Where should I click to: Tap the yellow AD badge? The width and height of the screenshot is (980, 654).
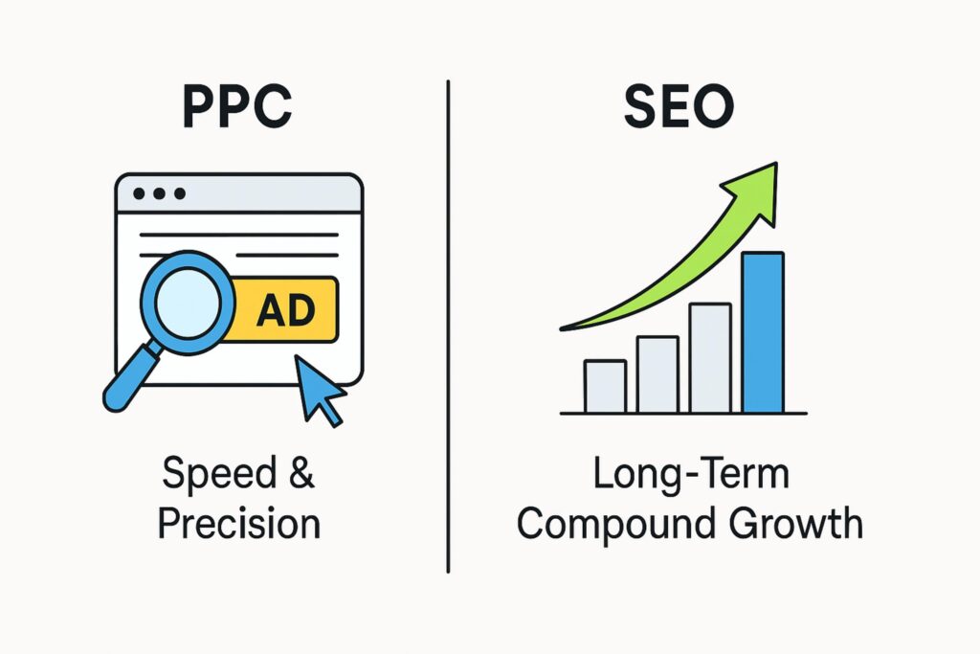pos(284,309)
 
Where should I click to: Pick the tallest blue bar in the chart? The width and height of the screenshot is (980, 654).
pos(763,332)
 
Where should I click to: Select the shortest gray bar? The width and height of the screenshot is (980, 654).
pos(605,386)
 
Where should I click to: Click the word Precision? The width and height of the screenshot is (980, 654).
pos(238,524)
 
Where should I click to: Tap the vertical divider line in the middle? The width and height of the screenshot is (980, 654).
pos(449,326)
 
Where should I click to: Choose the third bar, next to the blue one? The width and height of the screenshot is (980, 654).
pos(710,358)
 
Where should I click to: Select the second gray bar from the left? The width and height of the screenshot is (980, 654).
pos(657,374)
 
